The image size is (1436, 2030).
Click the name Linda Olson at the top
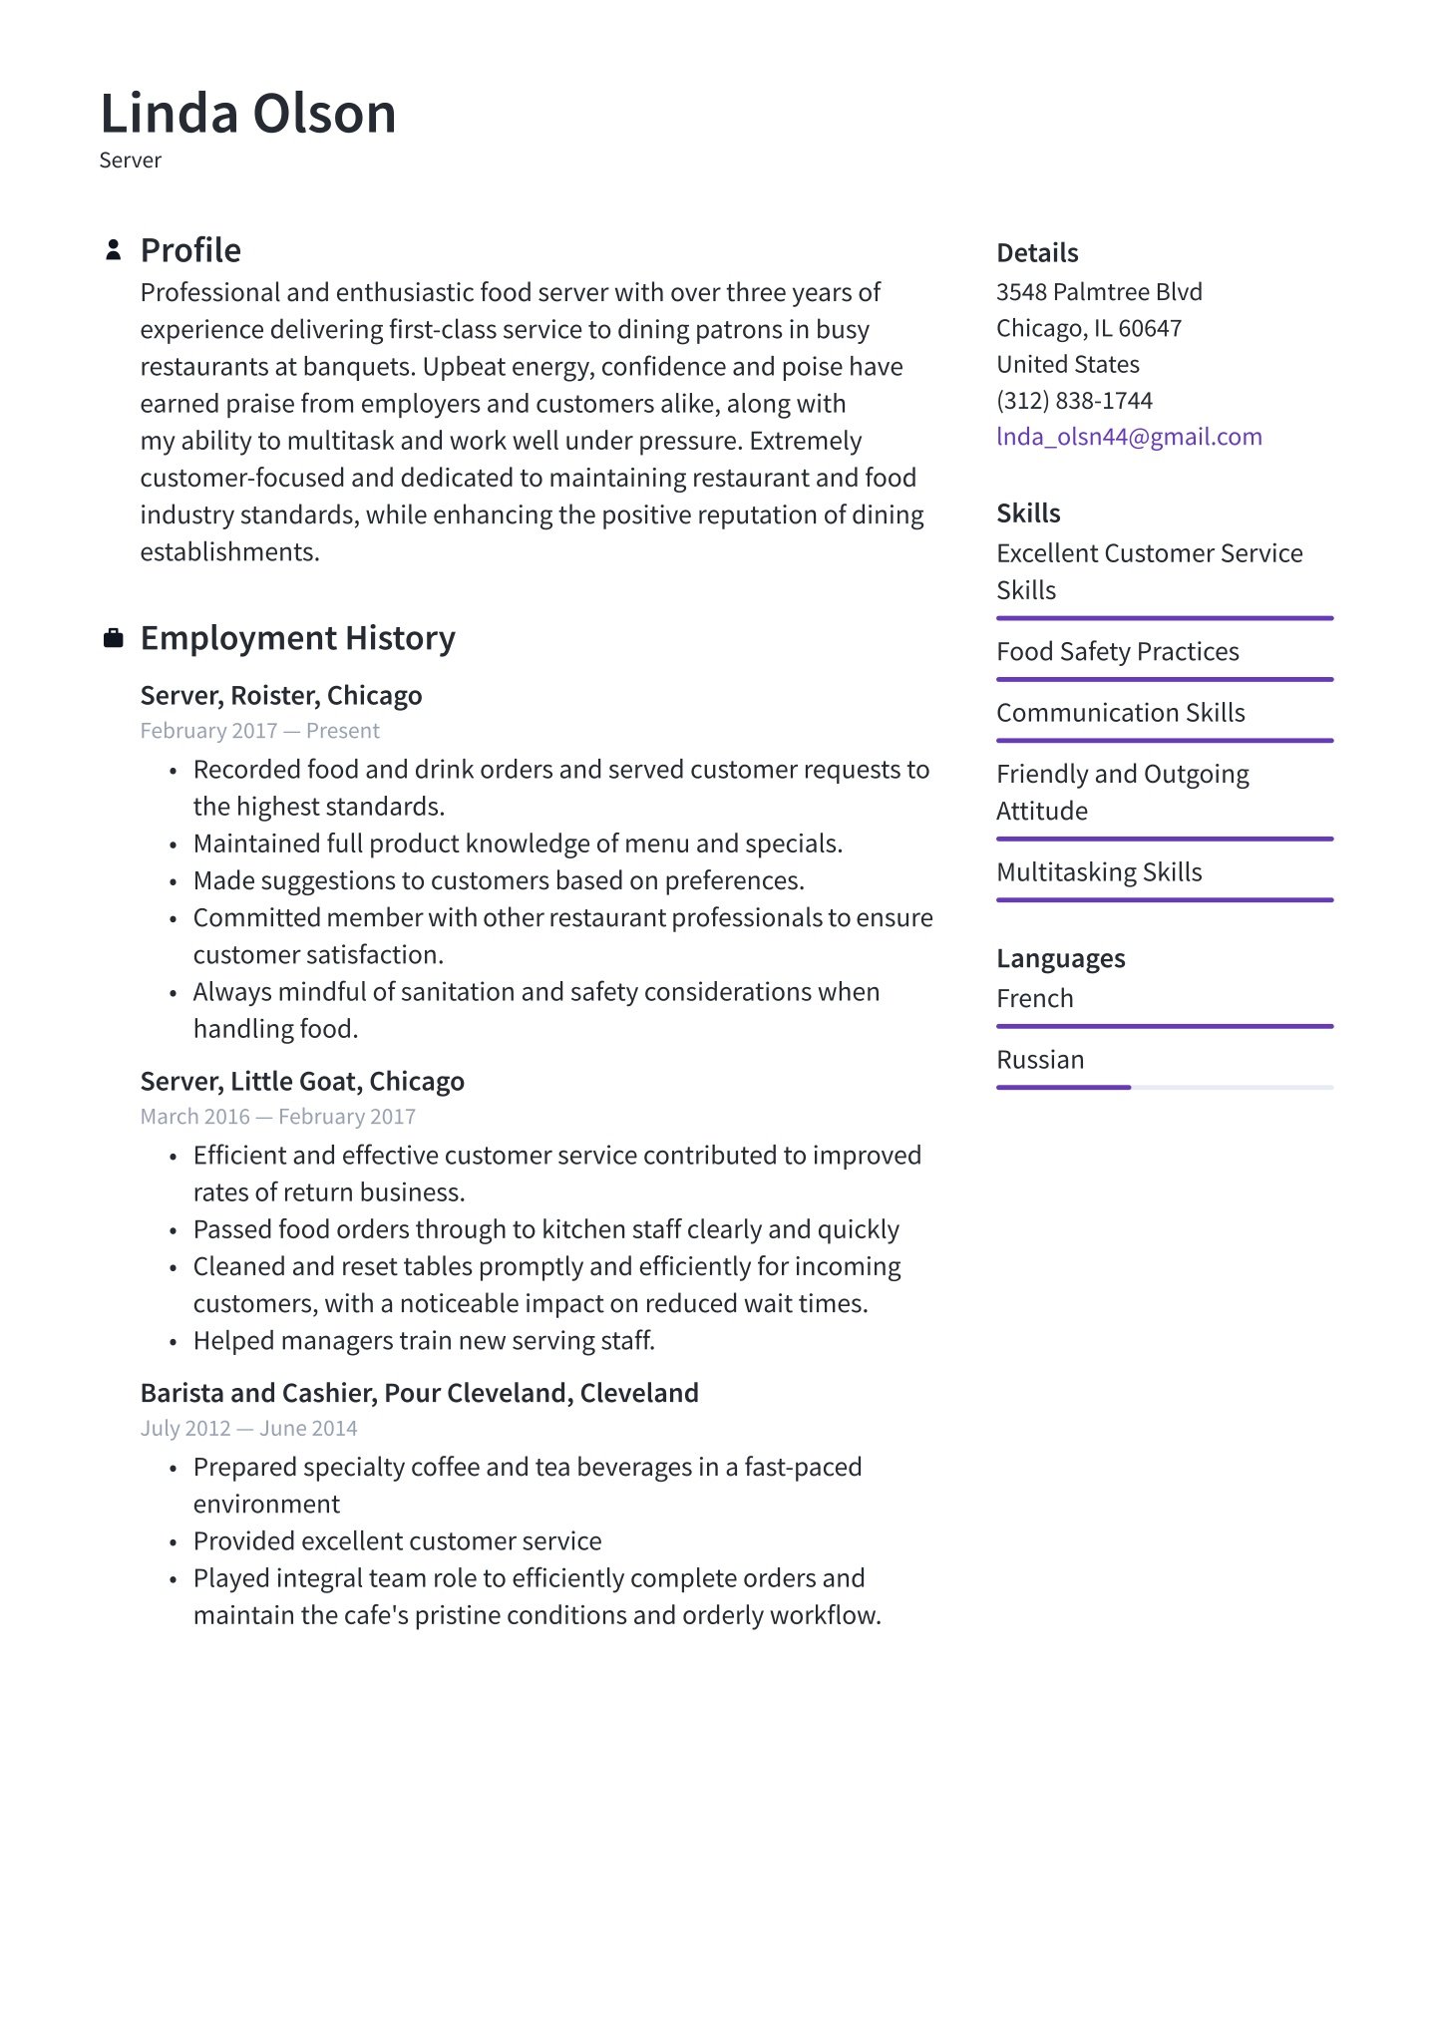click(248, 113)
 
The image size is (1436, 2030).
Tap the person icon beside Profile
click(114, 250)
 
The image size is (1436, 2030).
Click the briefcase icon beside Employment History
click(114, 638)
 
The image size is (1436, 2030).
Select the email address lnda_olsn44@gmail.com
click(1129, 437)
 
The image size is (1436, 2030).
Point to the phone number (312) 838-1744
click(1074, 401)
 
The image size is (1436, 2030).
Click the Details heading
click(1037, 253)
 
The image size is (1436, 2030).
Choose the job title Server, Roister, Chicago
click(281, 695)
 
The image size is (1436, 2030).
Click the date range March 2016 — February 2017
click(278, 1117)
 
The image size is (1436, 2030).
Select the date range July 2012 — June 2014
click(248, 1428)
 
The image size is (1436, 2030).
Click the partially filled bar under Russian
click(1063, 1087)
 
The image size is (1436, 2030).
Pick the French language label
click(1035, 998)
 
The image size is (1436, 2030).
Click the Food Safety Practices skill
click(1118, 652)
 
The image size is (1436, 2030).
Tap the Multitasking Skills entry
click(1099, 872)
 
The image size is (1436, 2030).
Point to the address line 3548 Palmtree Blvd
click(1099, 292)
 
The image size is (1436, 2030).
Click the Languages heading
click(1061, 958)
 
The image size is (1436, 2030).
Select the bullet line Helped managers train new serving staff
click(424, 1341)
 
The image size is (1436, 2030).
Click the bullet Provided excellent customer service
click(397, 1541)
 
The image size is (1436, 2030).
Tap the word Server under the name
click(131, 161)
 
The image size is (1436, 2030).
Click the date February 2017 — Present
click(260, 731)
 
